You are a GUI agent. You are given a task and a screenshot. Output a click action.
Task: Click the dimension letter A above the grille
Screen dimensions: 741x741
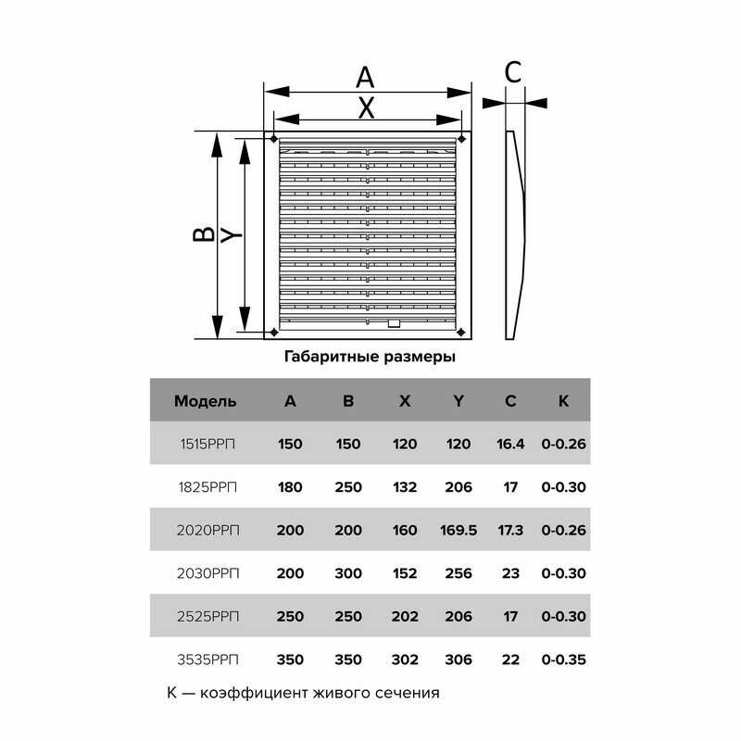tap(366, 75)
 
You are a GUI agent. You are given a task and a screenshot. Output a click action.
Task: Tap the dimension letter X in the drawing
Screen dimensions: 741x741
tap(366, 108)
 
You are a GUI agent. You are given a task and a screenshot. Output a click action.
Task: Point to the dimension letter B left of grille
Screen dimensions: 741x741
tap(204, 234)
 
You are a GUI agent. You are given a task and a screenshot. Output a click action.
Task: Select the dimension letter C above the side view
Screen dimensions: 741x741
tap(514, 70)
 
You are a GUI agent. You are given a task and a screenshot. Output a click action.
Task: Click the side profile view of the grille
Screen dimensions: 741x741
tap(516, 234)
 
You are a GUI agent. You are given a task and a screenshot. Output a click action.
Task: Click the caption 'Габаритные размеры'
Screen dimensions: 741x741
tap(370, 356)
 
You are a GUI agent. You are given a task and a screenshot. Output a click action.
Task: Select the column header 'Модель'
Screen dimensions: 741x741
tap(205, 401)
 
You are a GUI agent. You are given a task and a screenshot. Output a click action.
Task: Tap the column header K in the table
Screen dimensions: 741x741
tap(563, 401)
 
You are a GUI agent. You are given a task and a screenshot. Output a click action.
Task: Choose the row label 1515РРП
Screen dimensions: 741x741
tap(207, 444)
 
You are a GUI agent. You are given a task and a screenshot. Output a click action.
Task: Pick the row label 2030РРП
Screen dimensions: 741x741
tap(207, 573)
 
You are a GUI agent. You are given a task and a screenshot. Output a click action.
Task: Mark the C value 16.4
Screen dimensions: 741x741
tap(510, 444)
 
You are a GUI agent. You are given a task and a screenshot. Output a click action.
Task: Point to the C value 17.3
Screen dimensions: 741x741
tap(510, 530)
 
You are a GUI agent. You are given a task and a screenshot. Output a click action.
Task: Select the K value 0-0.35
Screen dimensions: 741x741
tap(563, 659)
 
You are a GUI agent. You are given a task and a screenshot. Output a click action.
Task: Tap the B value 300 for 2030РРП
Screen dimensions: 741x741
tap(348, 573)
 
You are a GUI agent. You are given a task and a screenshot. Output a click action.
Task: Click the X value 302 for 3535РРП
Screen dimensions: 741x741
tap(405, 659)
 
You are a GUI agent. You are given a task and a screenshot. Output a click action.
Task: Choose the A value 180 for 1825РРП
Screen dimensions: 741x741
tap(290, 487)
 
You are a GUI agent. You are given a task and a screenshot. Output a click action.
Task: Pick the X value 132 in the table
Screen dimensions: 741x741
tap(405, 487)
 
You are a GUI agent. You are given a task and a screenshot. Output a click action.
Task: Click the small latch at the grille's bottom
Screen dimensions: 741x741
tap(393, 323)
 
